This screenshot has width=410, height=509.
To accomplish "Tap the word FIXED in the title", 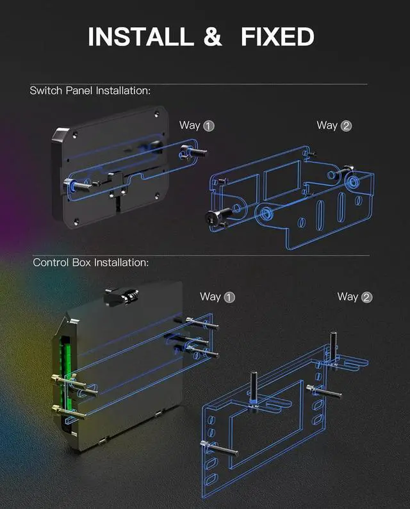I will [x=277, y=36].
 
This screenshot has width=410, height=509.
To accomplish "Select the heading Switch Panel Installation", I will [x=90, y=90].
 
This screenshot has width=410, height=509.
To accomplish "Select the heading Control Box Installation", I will [x=90, y=263].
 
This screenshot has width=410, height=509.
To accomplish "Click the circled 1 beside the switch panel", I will [x=208, y=125].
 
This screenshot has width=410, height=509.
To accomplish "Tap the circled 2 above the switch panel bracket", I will [x=346, y=125].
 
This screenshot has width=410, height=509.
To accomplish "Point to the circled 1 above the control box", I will [x=229, y=297].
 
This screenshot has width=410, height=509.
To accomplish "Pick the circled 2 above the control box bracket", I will [x=366, y=297].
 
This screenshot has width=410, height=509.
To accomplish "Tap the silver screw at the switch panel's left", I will [x=72, y=185].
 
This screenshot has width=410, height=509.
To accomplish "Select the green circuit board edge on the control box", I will [x=64, y=371].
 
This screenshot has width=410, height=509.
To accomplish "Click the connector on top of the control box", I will [x=124, y=295].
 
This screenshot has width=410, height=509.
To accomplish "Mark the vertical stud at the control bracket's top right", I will [x=333, y=346].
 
